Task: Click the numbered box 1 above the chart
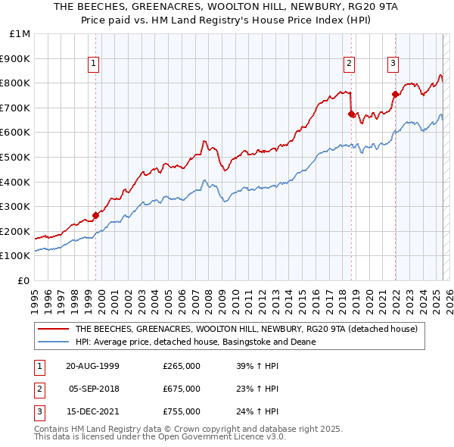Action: point(92,64)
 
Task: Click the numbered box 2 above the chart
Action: point(349,64)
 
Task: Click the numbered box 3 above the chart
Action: point(393,64)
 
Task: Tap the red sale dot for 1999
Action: point(96,215)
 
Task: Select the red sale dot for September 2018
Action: point(351,114)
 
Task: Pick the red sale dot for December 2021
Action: point(395,95)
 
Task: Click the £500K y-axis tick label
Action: point(16,157)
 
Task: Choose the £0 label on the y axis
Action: point(23,280)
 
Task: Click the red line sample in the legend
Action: point(54,329)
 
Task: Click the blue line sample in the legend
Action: point(54,342)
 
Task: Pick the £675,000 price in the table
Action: point(182,389)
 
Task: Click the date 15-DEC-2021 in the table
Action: point(92,412)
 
